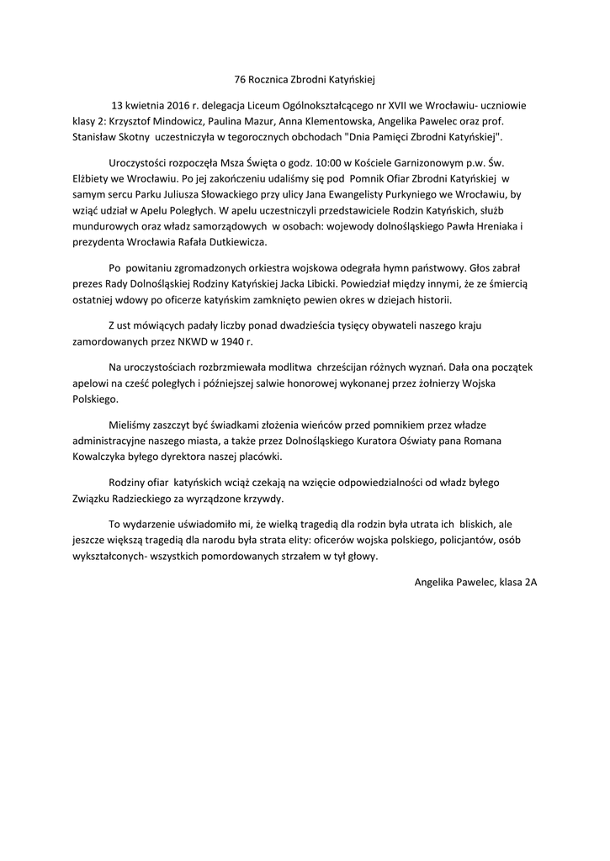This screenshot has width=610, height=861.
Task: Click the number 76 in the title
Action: coord(239,79)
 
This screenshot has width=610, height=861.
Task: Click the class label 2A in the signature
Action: coord(530,581)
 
